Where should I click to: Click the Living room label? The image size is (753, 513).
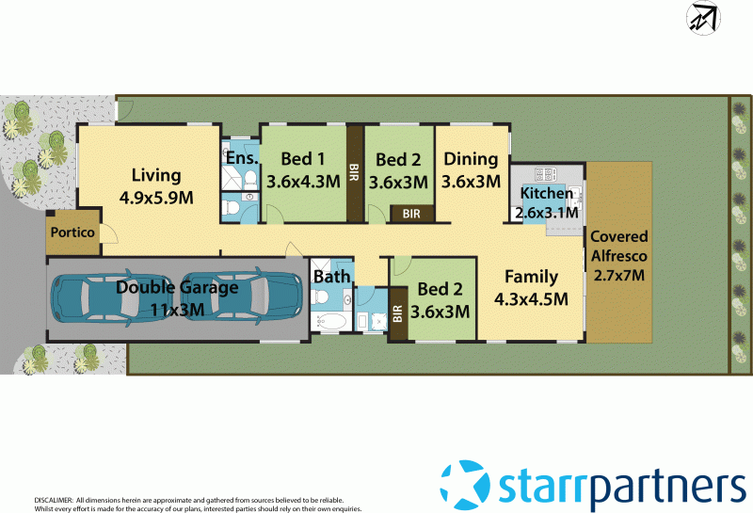click(x=155, y=175)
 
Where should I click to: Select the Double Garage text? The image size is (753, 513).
click(x=177, y=287)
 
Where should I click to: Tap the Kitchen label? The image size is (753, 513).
click(x=546, y=194)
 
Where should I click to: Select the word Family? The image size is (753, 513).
click(x=531, y=277)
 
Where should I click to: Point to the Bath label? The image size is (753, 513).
click(x=331, y=277)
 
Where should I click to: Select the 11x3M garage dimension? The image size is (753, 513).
click(x=177, y=309)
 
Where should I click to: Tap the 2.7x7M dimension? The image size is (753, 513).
click(x=618, y=276)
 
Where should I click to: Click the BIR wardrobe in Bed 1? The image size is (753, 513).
click(x=354, y=175)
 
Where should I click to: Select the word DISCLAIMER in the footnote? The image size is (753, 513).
click(x=53, y=500)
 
